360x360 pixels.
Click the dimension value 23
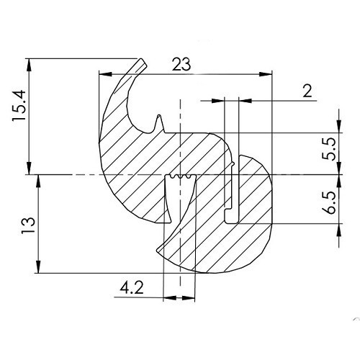click(x=181, y=65)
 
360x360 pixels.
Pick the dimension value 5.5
click(x=330, y=153)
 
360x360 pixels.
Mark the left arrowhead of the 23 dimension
click(x=104, y=73)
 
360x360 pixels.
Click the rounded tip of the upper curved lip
click(x=143, y=63)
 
